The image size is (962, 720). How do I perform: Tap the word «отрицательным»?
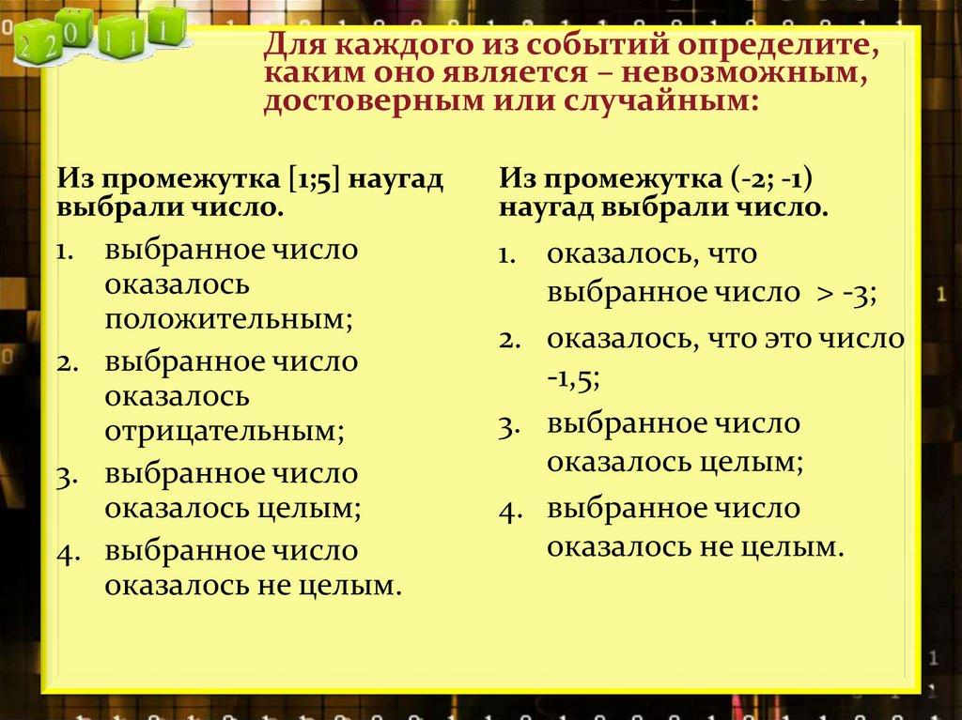(x=225, y=432)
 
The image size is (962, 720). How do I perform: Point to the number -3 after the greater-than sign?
(x=859, y=293)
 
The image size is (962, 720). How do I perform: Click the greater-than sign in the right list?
(x=823, y=294)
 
